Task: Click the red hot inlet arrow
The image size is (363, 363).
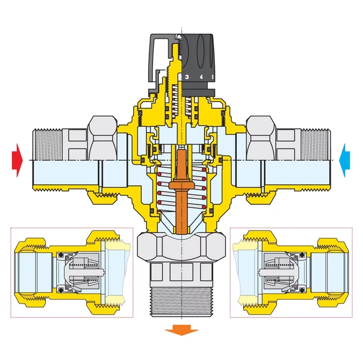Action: (18, 160)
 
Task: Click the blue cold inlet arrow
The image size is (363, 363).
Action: (345, 160)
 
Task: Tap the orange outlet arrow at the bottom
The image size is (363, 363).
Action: (181, 330)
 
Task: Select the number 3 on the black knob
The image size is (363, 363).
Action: (187, 77)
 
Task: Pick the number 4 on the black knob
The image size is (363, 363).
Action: (201, 77)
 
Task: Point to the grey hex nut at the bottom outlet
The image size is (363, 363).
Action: (181, 247)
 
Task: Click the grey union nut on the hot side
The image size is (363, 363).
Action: (103, 138)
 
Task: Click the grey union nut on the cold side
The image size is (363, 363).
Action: (261, 138)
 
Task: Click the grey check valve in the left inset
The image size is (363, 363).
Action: (84, 271)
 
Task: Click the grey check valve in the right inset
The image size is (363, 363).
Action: (279, 271)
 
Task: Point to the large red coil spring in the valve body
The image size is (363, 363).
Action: (181, 187)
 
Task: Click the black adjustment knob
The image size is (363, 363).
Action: (198, 65)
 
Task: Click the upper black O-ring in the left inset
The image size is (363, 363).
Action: (61, 255)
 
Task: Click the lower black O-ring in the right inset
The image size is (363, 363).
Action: (302, 290)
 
